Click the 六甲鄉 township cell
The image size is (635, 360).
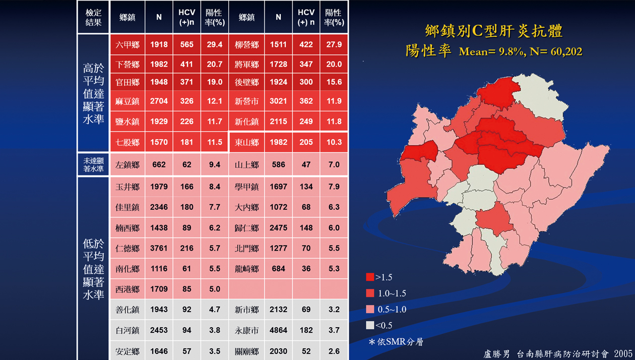(127, 45)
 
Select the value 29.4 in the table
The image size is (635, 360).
(214, 45)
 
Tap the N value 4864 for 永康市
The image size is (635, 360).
(278, 331)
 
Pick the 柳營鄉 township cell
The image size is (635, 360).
(246, 45)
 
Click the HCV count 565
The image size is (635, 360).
(186, 45)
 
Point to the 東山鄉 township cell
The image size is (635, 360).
(246, 143)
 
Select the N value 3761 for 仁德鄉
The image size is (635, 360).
(159, 248)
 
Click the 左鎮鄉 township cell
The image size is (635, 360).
(127, 165)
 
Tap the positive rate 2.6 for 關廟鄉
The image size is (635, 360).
(334, 351)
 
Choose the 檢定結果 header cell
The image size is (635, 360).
(93, 18)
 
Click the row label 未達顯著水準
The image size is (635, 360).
(93, 165)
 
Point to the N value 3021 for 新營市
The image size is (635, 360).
(278, 101)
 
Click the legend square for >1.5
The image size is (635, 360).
(370, 277)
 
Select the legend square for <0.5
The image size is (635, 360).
(370, 325)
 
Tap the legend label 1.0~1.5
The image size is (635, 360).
(391, 293)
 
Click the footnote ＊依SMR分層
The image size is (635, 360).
(396, 342)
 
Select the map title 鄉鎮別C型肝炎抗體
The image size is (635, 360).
(493, 31)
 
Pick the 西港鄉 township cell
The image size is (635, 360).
(127, 289)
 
